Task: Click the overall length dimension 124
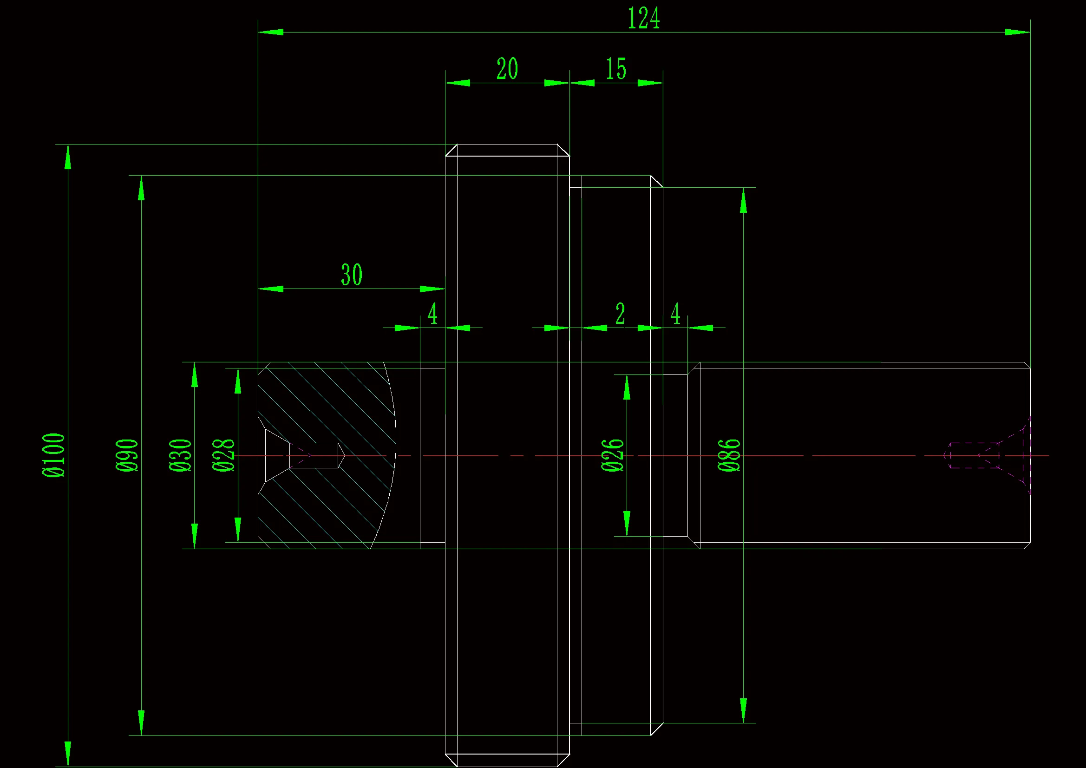[x=643, y=19]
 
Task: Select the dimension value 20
[x=507, y=69]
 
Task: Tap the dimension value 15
[x=616, y=69]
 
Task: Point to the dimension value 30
[x=352, y=275]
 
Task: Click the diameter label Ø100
[x=54, y=455]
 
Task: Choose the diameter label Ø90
[x=127, y=455]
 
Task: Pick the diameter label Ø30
[x=180, y=455]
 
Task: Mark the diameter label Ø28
[x=223, y=455]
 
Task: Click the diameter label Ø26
[x=613, y=455]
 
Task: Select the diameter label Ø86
[x=729, y=455]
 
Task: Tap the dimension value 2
[x=620, y=314]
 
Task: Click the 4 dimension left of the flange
[x=432, y=314]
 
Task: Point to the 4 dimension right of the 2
[x=675, y=314]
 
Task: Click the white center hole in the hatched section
[x=314, y=455]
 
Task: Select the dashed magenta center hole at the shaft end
[x=975, y=456]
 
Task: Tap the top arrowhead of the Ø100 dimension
[x=68, y=157]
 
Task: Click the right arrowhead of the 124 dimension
[x=1017, y=32]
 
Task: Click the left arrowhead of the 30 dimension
[x=271, y=289]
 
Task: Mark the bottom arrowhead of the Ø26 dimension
[x=627, y=523]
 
